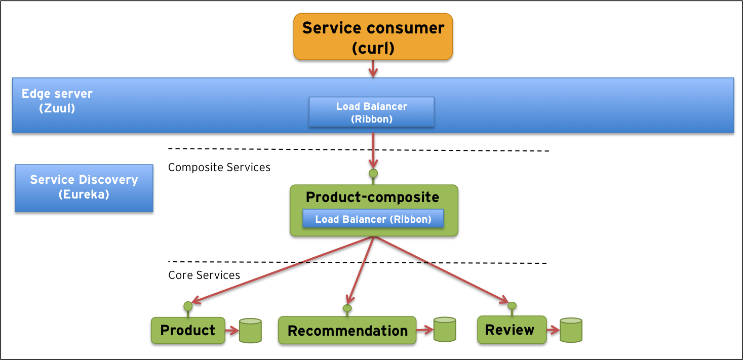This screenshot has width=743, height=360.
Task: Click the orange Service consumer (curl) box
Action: pyautogui.click(x=373, y=36)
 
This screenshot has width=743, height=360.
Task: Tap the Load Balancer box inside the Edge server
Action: pyautogui.click(x=371, y=112)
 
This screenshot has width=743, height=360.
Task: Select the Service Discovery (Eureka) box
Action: pyautogui.click(x=84, y=187)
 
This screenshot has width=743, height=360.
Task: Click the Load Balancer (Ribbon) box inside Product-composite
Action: pyautogui.click(x=373, y=219)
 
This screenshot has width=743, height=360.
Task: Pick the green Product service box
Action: pyautogui.click(x=187, y=330)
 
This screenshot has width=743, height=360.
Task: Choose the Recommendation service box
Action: pyautogui.click(x=347, y=331)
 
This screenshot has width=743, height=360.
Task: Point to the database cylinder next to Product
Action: pyautogui.click(x=250, y=331)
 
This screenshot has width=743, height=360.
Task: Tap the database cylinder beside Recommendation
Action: pyautogui.click(x=445, y=330)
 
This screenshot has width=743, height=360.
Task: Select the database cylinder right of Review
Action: pyautogui.click(x=571, y=330)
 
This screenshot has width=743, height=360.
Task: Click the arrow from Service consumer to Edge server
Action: pyautogui.click(x=373, y=68)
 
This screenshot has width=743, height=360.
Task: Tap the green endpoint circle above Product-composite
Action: pyautogui.click(x=373, y=173)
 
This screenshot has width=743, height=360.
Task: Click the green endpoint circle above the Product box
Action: pyautogui.click(x=188, y=306)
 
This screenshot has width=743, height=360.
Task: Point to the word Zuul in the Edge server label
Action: pyautogui.click(x=57, y=108)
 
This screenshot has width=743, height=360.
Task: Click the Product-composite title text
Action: pyautogui.click(x=372, y=197)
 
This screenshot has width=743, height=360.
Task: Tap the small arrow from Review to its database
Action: pyautogui.click(x=553, y=330)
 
